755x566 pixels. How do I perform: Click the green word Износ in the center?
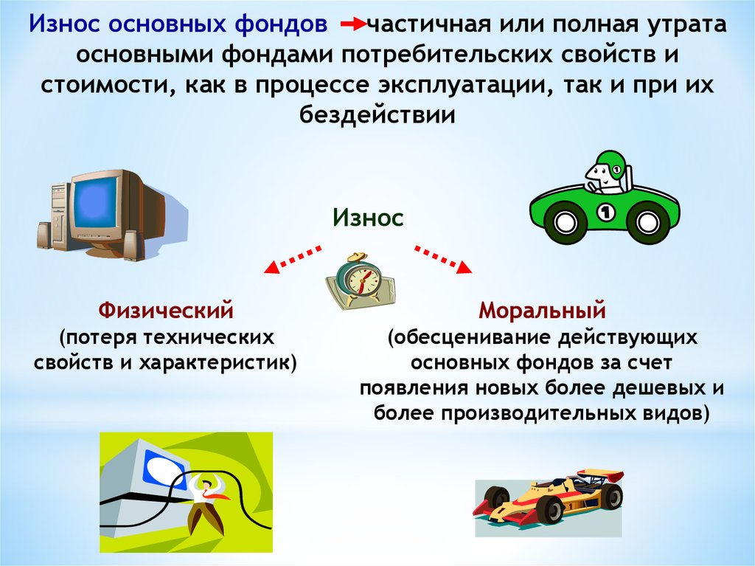click(368, 218)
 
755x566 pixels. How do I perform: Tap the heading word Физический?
click(166, 311)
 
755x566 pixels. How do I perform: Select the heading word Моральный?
click(542, 311)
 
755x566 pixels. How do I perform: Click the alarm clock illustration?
click(360, 281)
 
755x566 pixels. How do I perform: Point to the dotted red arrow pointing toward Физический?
click(292, 260)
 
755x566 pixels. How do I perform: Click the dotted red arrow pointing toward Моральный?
click(443, 260)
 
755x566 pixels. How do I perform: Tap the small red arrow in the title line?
click(353, 24)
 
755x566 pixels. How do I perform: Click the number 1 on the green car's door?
click(606, 212)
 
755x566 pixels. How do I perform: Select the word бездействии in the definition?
click(377, 115)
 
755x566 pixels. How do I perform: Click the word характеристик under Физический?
click(218, 362)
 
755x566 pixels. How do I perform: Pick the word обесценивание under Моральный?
click(470, 337)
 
